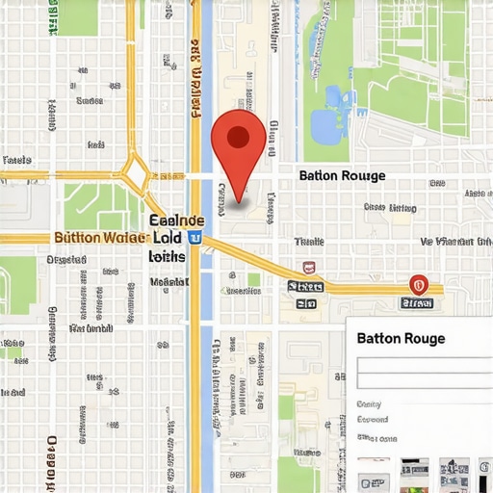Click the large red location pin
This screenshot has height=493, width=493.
[238, 140]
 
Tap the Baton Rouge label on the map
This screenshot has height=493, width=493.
[342, 175]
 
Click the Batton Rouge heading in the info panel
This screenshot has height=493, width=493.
[401, 339]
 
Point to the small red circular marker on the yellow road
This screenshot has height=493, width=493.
[418, 284]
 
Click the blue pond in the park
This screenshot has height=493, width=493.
[327, 120]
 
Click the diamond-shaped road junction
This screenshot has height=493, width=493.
[136, 174]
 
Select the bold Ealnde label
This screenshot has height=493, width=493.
[178, 220]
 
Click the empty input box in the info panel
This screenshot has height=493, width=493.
[424, 374]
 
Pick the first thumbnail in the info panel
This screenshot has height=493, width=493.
[373, 472]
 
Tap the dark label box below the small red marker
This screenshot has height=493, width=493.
[418, 302]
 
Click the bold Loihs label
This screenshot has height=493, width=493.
[167, 257]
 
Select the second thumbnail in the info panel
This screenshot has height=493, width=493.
[414, 472]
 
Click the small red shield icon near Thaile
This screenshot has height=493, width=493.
[308, 267]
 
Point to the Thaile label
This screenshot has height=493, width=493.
[309, 242]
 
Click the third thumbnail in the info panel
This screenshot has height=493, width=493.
[454, 472]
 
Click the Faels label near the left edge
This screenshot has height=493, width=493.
[17, 160]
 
